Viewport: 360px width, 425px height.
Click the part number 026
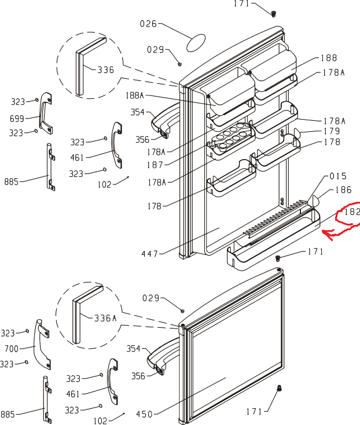pos(149,24)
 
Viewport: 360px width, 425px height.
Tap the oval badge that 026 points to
pos(196,42)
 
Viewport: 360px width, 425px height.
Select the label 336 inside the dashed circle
pos(106,70)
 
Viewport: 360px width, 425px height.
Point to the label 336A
pos(105,317)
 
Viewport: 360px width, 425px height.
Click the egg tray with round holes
pos(231,139)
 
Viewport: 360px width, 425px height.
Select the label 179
pos(332,131)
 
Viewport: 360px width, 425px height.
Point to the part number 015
pos(337,176)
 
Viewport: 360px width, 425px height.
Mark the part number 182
pos(352,212)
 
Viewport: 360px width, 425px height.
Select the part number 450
pos(145,414)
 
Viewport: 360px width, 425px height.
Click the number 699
pos(17,119)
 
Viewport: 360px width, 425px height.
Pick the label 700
pos(11,349)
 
